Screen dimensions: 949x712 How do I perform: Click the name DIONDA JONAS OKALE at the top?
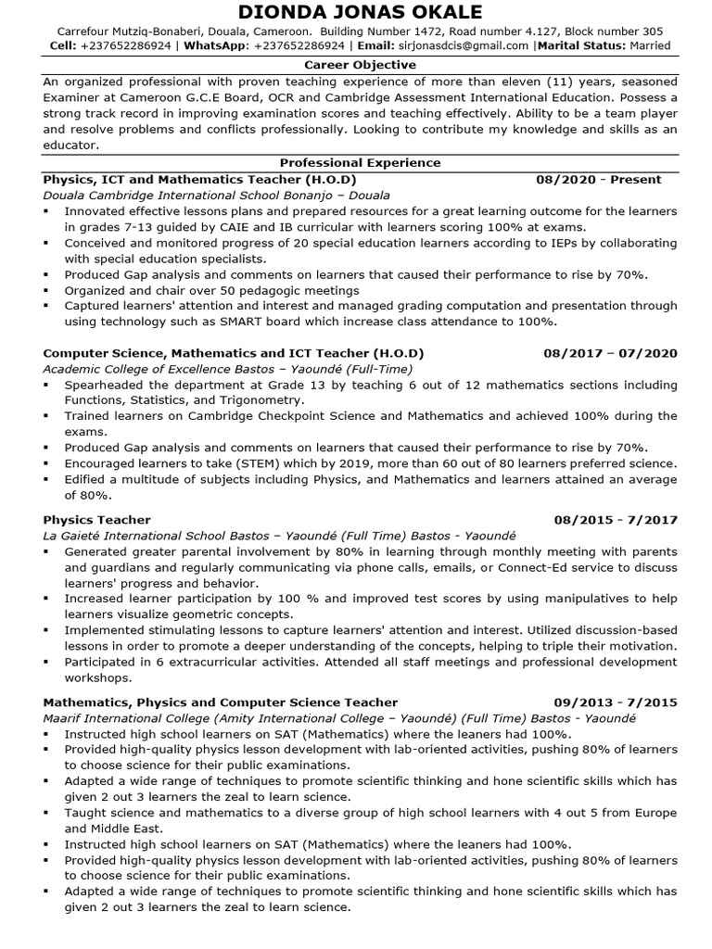(x=361, y=12)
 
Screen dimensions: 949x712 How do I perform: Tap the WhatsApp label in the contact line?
(x=218, y=44)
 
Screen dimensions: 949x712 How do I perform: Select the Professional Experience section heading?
(x=361, y=162)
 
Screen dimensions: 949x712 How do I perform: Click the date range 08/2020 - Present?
(x=598, y=179)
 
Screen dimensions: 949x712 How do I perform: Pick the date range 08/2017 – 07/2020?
(x=610, y=353)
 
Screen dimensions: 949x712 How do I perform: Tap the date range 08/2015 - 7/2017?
(x=616, y=520)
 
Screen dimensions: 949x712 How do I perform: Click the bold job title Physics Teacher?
(x=96, y=520)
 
